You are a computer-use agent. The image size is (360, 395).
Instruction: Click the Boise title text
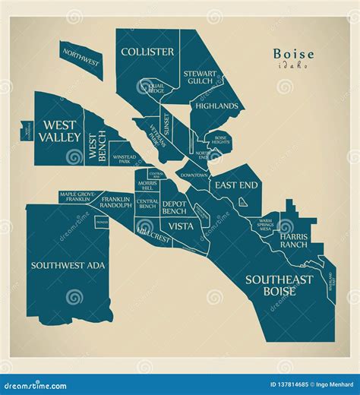291,55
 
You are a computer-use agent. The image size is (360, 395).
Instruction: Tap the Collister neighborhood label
147,52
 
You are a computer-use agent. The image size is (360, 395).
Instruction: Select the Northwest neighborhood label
81,58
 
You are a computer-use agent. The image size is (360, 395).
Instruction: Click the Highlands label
216,106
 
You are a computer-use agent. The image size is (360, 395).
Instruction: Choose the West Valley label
62,131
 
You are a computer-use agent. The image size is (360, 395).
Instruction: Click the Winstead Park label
124,160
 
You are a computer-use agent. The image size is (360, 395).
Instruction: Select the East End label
235,185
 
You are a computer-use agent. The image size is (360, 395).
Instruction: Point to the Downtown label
194,175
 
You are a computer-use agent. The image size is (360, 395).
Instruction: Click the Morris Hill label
147,186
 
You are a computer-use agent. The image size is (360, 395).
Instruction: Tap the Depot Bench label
174,207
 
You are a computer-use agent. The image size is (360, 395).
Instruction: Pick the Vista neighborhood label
181,226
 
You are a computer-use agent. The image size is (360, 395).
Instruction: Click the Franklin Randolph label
115,201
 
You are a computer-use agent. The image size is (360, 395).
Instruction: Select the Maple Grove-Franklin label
81,197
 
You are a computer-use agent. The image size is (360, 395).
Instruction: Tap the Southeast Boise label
279,285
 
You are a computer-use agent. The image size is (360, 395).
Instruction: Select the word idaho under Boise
292,66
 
